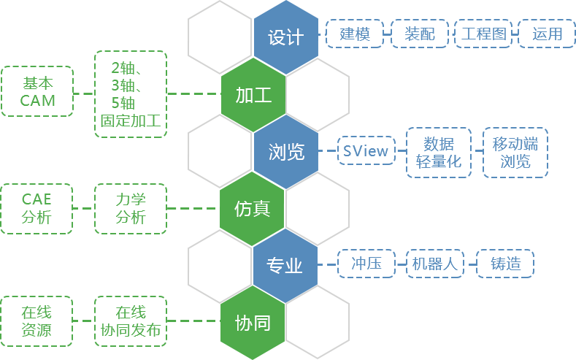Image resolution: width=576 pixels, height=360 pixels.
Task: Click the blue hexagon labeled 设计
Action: [285, 37]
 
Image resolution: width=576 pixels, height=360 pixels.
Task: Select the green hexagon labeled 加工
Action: [253, 94]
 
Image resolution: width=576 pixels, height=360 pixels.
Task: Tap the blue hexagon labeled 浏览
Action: [285, 152]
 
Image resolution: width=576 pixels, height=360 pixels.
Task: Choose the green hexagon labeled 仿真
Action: [253, 209]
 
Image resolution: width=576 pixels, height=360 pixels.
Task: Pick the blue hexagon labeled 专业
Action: [285, 266]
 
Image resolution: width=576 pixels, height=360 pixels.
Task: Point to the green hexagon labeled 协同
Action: [253, 323]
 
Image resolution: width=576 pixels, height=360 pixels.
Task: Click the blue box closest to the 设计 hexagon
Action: [353, 34]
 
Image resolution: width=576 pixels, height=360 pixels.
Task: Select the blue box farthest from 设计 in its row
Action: [546, 34]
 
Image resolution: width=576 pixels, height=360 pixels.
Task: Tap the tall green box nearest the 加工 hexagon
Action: [130, 93]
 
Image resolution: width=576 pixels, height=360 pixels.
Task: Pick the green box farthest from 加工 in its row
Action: [37, 91]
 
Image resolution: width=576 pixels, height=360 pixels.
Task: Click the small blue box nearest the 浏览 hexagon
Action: [366, 150]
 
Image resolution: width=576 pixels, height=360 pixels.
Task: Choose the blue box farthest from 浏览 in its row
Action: [515, 152]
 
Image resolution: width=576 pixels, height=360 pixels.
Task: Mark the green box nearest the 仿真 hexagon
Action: [130, 208]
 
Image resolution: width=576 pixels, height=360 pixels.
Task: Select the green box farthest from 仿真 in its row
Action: [37, 208]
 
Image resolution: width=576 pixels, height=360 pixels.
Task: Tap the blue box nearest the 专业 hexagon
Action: [366, 263]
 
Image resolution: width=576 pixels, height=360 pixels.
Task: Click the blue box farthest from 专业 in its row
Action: [504, 263]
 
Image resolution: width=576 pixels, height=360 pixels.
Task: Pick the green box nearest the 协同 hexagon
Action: [130, 321]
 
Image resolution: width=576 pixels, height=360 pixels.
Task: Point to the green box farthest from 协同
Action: [37, 321]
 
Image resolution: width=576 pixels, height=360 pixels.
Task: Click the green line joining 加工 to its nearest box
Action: [193, 94]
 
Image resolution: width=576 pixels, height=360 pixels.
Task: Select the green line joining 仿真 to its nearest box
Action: [193, 209]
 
